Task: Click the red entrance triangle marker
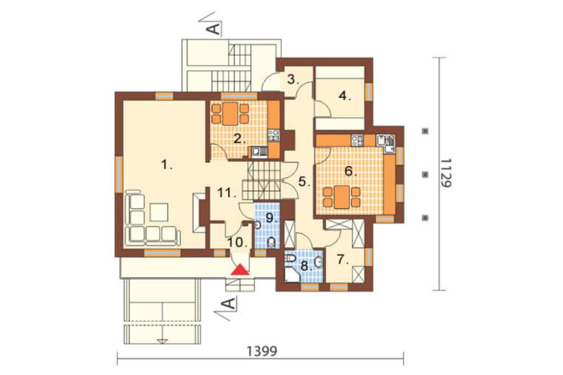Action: click(240, 270)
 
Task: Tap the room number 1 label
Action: click(167, 165)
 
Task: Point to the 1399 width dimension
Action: click(262, 351)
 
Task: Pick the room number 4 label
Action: click(345, 96)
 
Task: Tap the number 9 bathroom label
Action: click(272, 218)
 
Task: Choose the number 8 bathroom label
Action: click(306, 266)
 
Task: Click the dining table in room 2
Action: click(230, 114)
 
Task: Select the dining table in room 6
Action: click(342, 197)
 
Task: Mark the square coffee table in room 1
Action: click(159, 212)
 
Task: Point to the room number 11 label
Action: click(227, 194)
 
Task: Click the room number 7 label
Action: click(343, 260)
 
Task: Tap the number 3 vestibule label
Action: click(293, 79)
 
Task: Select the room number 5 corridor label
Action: click(304, 182)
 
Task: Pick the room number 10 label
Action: click(238, 242)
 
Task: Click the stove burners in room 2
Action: click(274, 135)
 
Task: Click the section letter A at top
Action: click(215, 28)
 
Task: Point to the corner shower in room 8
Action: click(291, 275)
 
